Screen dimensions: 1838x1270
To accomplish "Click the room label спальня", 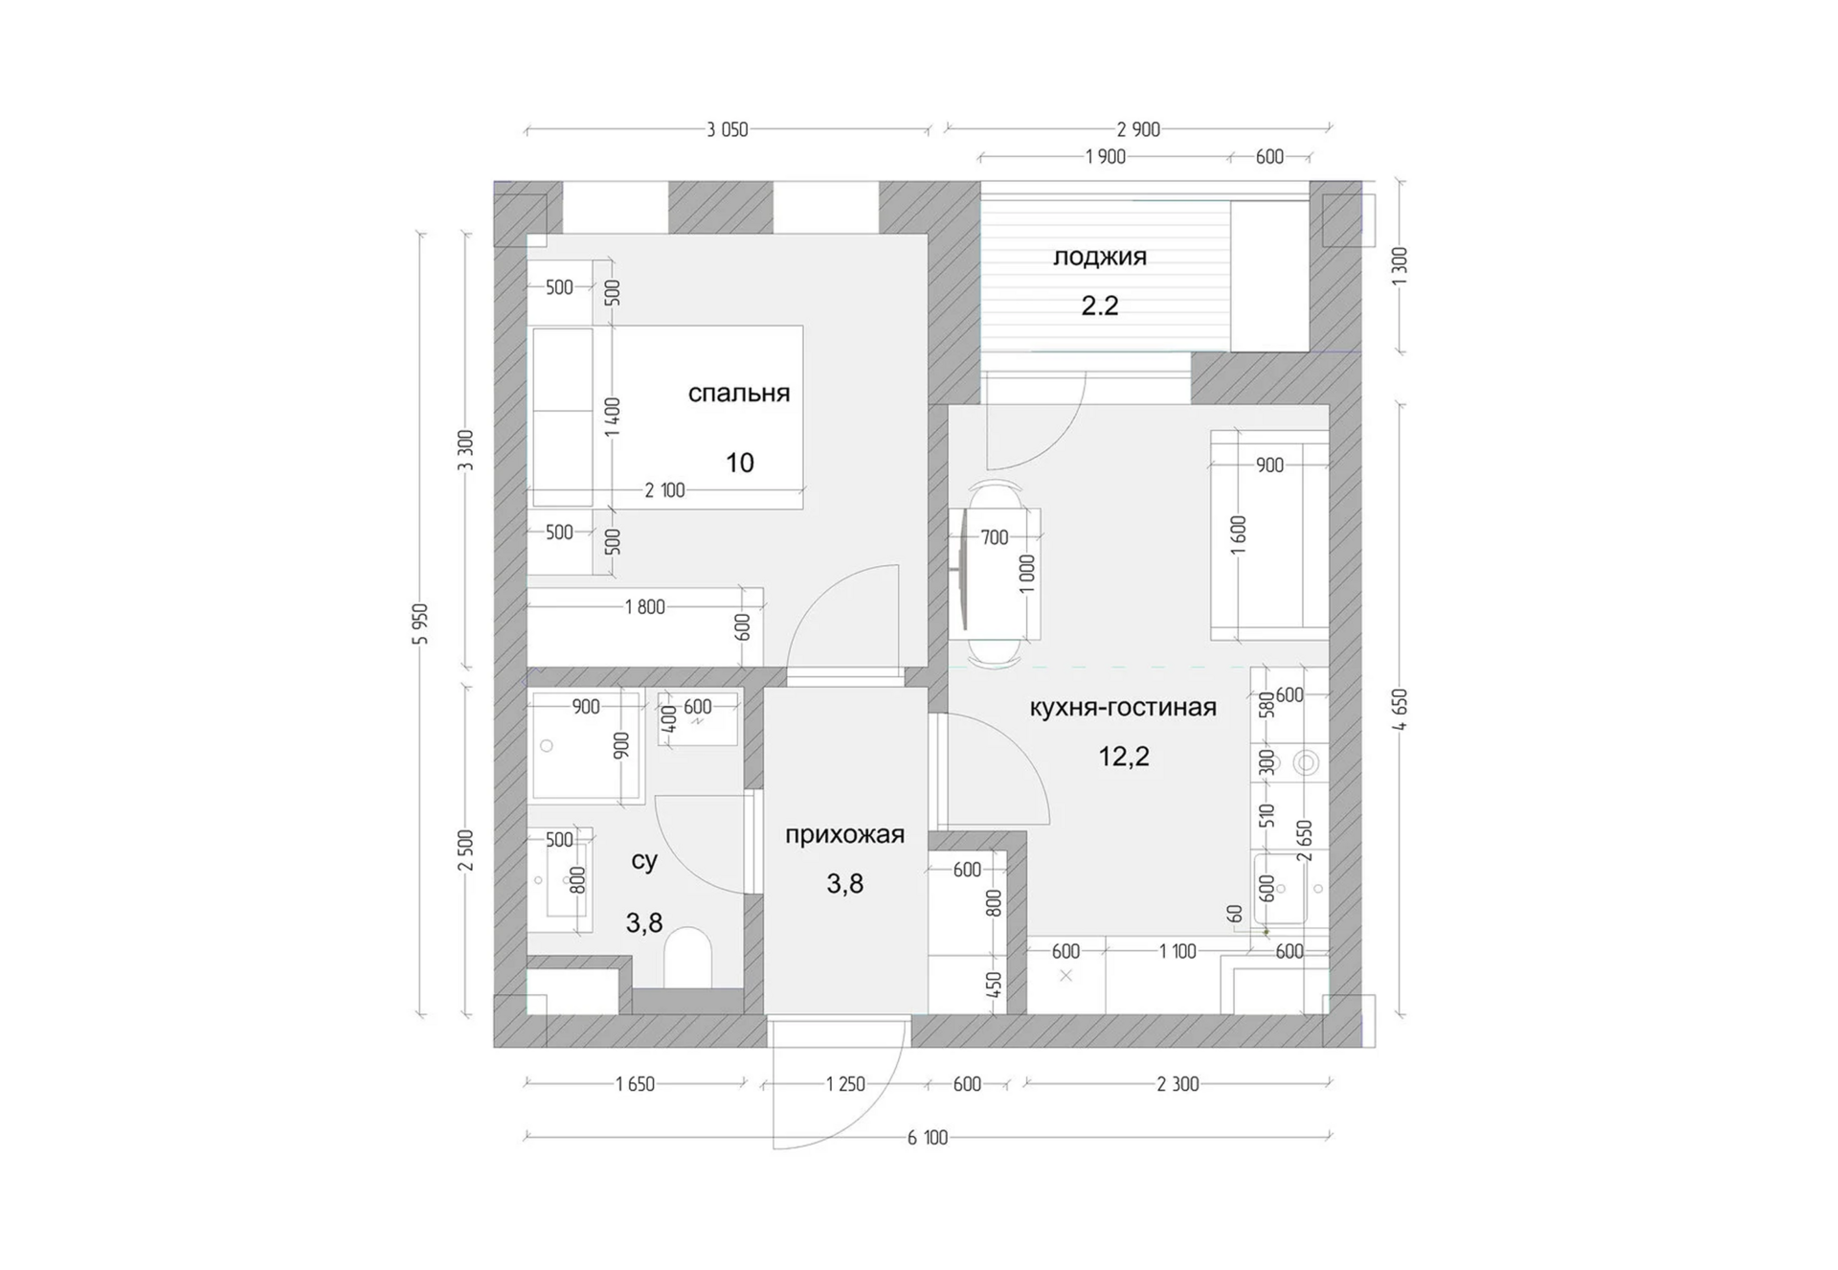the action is [x=739, y=394].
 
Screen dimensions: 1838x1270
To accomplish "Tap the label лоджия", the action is [x=1100, y=257].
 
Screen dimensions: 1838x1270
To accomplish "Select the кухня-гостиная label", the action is [x=1123, y=708].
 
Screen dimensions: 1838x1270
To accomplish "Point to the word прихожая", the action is [x=844, y=835].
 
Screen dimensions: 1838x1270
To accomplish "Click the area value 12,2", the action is [x=1124, y=757].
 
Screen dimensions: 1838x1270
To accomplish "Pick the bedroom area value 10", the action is [x=740, y=464].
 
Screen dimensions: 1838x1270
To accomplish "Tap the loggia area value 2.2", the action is [x=1100, y=306].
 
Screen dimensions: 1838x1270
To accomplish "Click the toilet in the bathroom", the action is [x=688, y=960].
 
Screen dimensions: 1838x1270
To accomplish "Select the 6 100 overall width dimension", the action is [x=928, y=1137].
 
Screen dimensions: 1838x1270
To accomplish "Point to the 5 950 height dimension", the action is [x=419, y=624].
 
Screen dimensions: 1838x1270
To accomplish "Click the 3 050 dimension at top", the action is [x=728, y=129].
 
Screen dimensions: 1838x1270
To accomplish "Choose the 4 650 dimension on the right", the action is [x=1401, y=710].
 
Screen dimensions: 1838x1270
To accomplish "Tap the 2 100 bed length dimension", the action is [x=664, y=490].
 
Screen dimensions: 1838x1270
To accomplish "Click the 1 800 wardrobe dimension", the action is [x=644, y=606].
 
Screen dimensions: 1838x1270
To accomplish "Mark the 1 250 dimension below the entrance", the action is [x=845, y=1084].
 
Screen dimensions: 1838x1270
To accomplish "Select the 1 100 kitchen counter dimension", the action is [x=1177, y=951].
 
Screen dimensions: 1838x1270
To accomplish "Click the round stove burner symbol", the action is [x=1306, y=763].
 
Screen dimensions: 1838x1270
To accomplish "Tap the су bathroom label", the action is [x=644, y=860].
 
